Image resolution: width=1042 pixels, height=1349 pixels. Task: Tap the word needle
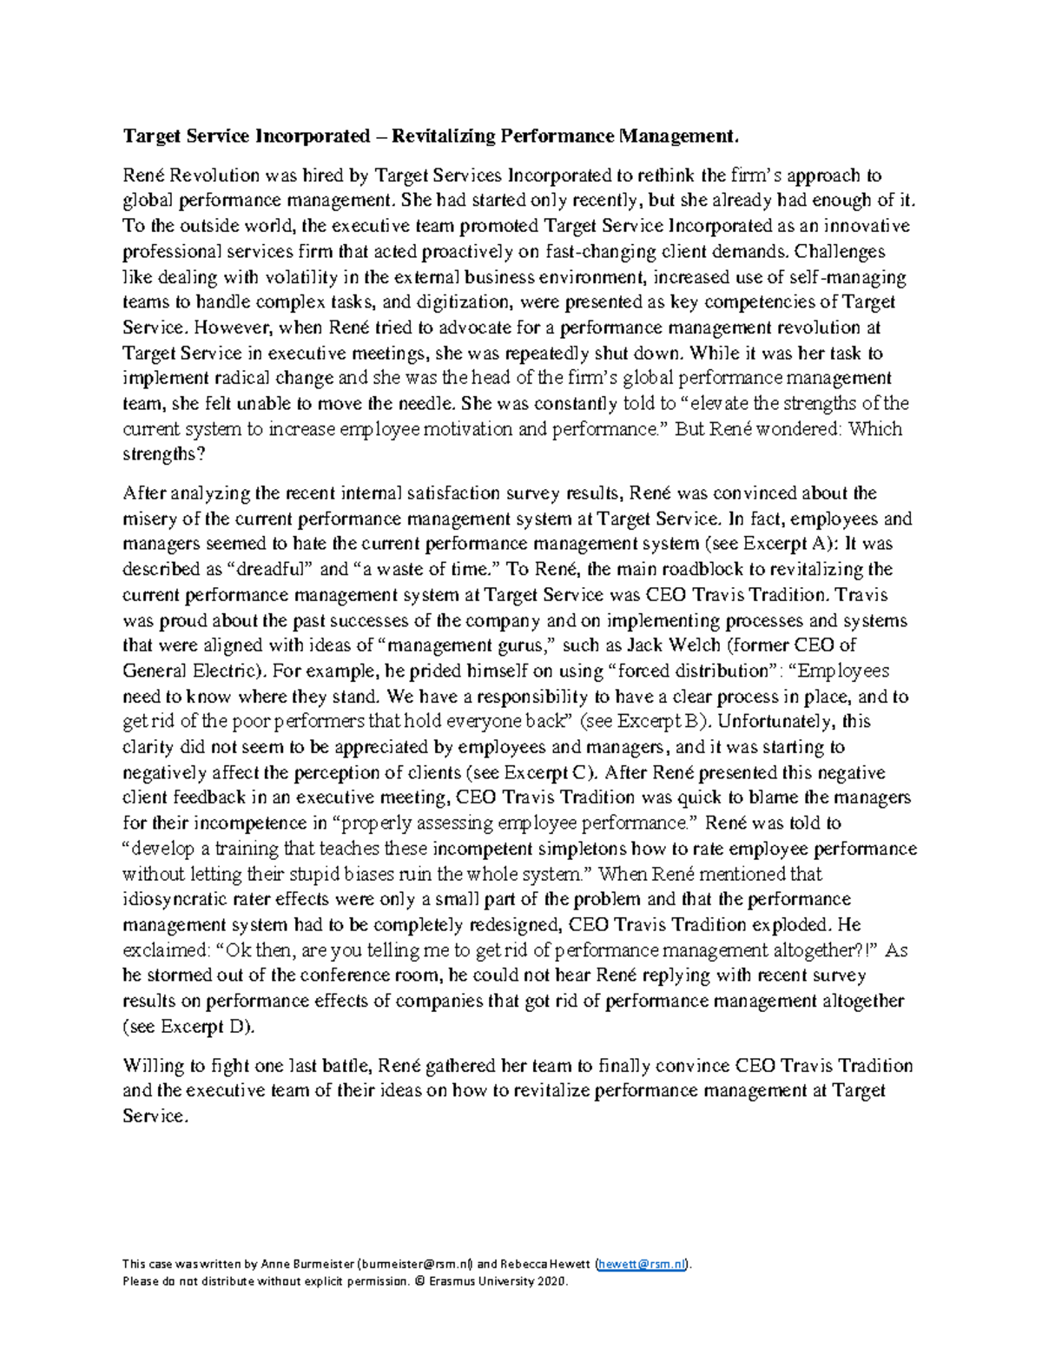click(x=427, y=403)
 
